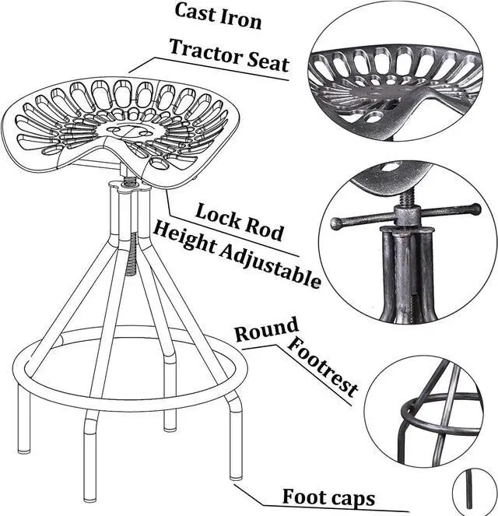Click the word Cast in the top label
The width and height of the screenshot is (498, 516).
[x=195, y=12]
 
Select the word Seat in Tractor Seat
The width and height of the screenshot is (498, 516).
[x=268, y=61]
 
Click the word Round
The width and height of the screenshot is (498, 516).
[x=266, y=331]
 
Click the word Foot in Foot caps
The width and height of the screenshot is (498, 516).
[x=304, y=496]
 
